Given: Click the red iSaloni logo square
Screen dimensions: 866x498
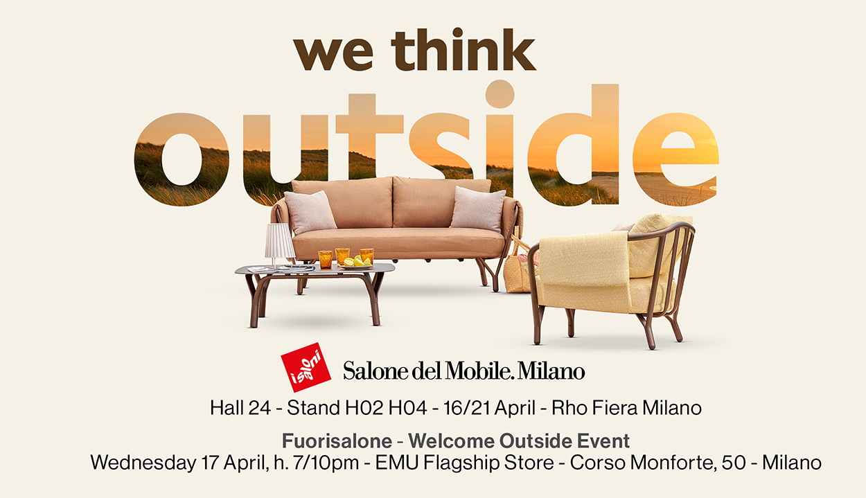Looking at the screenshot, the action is pos(306,367).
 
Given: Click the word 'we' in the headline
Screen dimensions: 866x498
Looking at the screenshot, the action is pos(333,54).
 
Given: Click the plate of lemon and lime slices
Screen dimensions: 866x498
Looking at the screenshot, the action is pos(356,263).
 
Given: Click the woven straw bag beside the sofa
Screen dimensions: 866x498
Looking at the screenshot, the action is pos(518,267).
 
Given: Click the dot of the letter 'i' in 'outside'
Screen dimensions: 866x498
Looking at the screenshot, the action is pos(500,94).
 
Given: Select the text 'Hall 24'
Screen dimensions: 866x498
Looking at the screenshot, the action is pos(240,408).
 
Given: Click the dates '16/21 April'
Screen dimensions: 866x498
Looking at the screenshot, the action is pos(489,409).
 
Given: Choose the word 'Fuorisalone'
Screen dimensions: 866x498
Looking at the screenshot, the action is pos(337,441).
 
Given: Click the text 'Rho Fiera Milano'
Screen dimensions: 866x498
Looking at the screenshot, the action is pos(626,408).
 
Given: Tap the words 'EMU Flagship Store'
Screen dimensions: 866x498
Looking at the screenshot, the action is pos(465,463).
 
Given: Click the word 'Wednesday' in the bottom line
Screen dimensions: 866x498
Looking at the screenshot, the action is pos(143,463).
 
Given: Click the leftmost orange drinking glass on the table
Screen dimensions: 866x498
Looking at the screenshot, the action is pos(325,259).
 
